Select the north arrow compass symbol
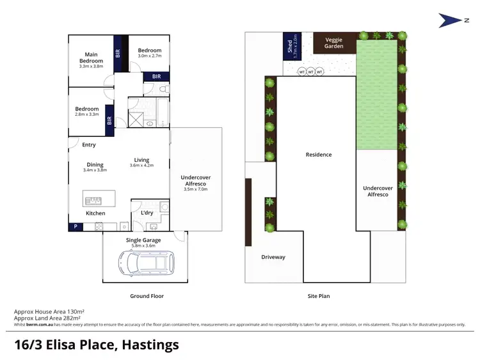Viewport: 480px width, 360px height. [x=450, y=20]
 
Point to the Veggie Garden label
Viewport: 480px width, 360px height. [x=333, y=43]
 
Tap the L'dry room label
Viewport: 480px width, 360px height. [x=147, y=212]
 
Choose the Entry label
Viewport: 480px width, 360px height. [x=88, y=145]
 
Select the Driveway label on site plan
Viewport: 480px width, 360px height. [x=273, y=257]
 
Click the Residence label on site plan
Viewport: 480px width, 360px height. [x=319, y=155]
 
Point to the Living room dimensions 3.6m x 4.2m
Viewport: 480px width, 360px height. [x=141, y=166]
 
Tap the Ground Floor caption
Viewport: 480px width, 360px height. [x=147, y=296]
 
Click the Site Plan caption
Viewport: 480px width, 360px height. [x=318, y=296]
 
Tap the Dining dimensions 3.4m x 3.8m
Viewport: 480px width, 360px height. [x=95, y=170]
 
